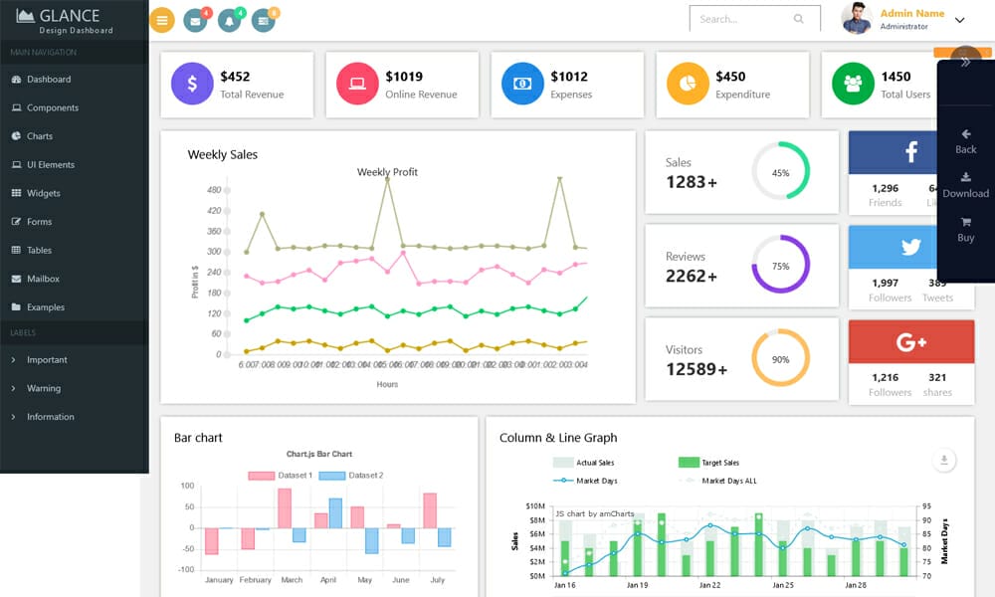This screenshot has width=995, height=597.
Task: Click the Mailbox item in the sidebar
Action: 43,279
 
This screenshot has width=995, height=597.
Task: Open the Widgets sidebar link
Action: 43,193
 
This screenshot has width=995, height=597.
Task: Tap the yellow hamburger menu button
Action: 162,19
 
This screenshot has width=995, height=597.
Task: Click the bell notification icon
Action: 230,20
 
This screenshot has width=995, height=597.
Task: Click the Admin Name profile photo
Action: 856,18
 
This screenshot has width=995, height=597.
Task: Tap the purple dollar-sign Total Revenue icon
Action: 192,85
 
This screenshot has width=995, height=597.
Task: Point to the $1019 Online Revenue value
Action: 404,77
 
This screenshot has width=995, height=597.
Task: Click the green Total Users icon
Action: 852,85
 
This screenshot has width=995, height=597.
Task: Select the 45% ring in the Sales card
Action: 780,172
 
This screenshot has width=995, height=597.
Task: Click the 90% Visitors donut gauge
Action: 780,359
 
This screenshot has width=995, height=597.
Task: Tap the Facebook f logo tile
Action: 910,152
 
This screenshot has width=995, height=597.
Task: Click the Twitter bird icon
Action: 910,247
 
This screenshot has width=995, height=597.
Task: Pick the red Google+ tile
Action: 910,342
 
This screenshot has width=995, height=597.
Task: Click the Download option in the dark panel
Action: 965,186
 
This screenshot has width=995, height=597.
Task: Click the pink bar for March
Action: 285,507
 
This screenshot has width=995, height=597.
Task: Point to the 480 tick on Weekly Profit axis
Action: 214,190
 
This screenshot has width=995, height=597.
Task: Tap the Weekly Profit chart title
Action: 387,172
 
